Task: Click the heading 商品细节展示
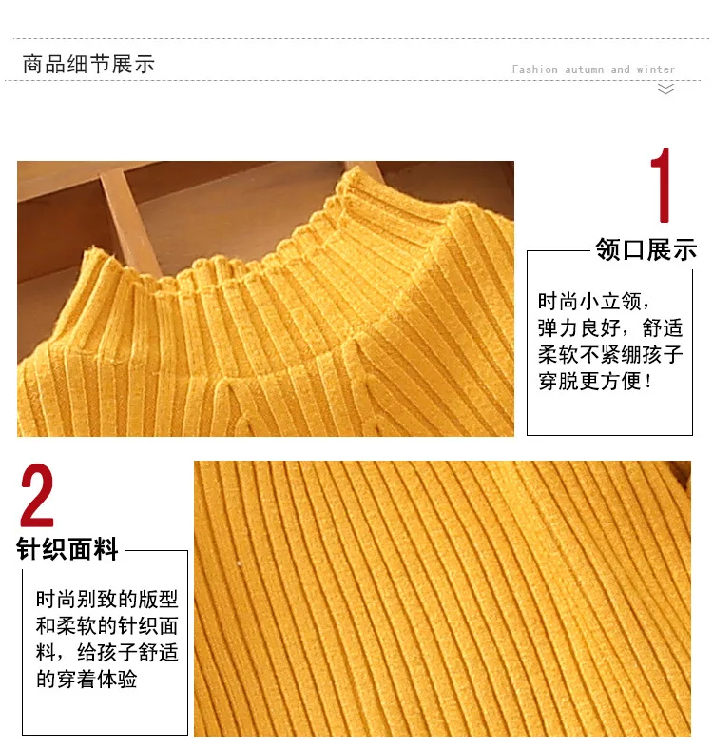[x=88, y=64]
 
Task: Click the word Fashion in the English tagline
[x=534, y=69]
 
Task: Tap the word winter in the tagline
[x=656, y=69]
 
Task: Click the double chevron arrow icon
[x=665, y=89]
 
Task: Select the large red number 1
[x=662, y=185]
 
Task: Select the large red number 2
[x=37, y=495]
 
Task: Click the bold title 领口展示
[x=646, y=249]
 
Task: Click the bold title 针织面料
[x=67, y=548]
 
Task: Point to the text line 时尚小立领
[x=593, y=302]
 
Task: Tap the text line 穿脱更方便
[x=595, y=382]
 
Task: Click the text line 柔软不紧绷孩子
[x=610, y=354]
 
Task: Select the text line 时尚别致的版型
[x=107, y=599]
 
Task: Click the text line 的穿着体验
[x=87, y=679]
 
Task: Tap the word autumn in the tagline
[x=584, y=69]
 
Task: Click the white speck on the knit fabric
[x=240, y=564]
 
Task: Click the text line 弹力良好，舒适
[x=610, y=328]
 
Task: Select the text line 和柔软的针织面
[x=107, y=625]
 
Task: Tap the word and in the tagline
[x=620, y=69]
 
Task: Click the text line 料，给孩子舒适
[x=107, y=652]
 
